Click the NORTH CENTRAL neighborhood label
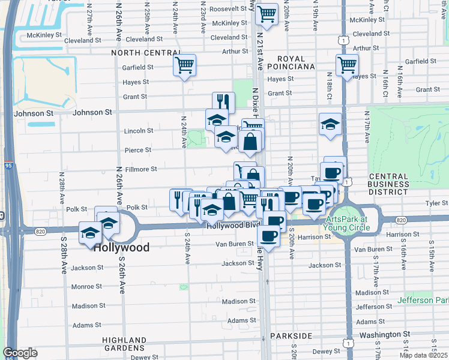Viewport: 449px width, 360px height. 141,53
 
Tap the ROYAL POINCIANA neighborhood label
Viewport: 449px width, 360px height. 291,62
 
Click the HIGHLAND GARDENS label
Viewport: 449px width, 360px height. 122,343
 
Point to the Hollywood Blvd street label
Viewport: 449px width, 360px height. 229,226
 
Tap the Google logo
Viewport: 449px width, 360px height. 20,353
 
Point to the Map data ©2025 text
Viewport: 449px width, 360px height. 424,356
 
